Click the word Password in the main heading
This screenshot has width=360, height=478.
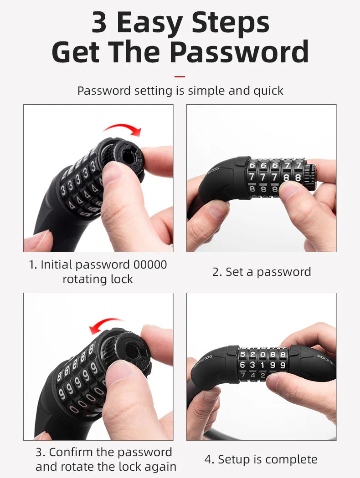pyautogui.click(x=239, y=52)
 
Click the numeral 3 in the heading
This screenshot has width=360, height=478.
pyautogui.click(x=99, y=22)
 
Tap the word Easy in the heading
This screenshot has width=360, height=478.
pyautogui.click(x=149, y=23)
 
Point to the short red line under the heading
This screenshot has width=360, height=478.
pyautogui.click(x=180, y=76)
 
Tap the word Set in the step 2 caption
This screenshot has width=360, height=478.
pyautogui.click(x=234, y=272)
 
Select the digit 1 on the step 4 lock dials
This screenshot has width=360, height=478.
pyautogui.click(x=262, y=365)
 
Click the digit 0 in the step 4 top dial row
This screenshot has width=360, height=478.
pyautogui.click(x=262, y=355)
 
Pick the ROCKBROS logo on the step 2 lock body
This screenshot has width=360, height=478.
pyautogui.click(x=211, y=174)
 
